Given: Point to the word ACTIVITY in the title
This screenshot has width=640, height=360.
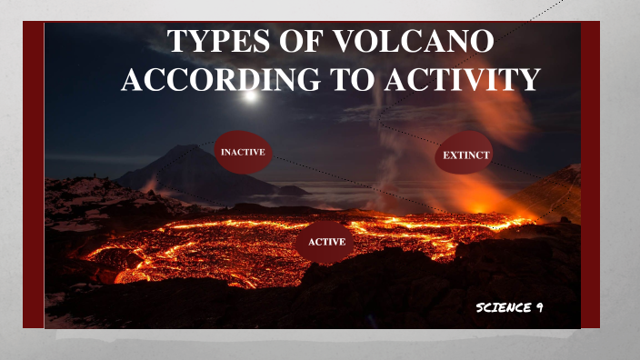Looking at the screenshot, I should pyautogui.click(x=462, y=80).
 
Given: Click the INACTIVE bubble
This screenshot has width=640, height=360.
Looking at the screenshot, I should pyautogui.click(x=243, y=154).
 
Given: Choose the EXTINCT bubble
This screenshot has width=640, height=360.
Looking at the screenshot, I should pyautogui.click(x=466, y=156).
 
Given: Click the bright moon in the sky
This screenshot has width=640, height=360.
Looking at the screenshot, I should pyautogui.click(x=252, y=94).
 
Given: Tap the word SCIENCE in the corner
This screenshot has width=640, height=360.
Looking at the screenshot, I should pyautogui.click(x=503, y=308).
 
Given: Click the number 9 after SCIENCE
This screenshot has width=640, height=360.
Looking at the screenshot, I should pyautogui.click(x=539, y=308).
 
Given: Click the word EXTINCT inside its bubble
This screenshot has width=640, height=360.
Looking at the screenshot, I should pyautogui.click(x=466, y=156).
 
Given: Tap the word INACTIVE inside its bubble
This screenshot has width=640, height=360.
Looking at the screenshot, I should pyautogui.click(x=243, y=153).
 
